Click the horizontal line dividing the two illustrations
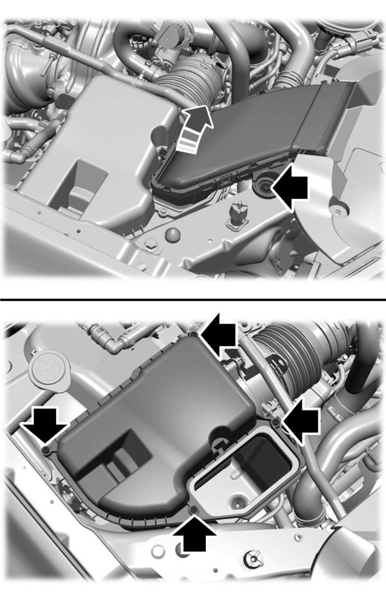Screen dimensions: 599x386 tap(193, 300)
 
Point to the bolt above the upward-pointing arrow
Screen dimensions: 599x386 tap(195, 510)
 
